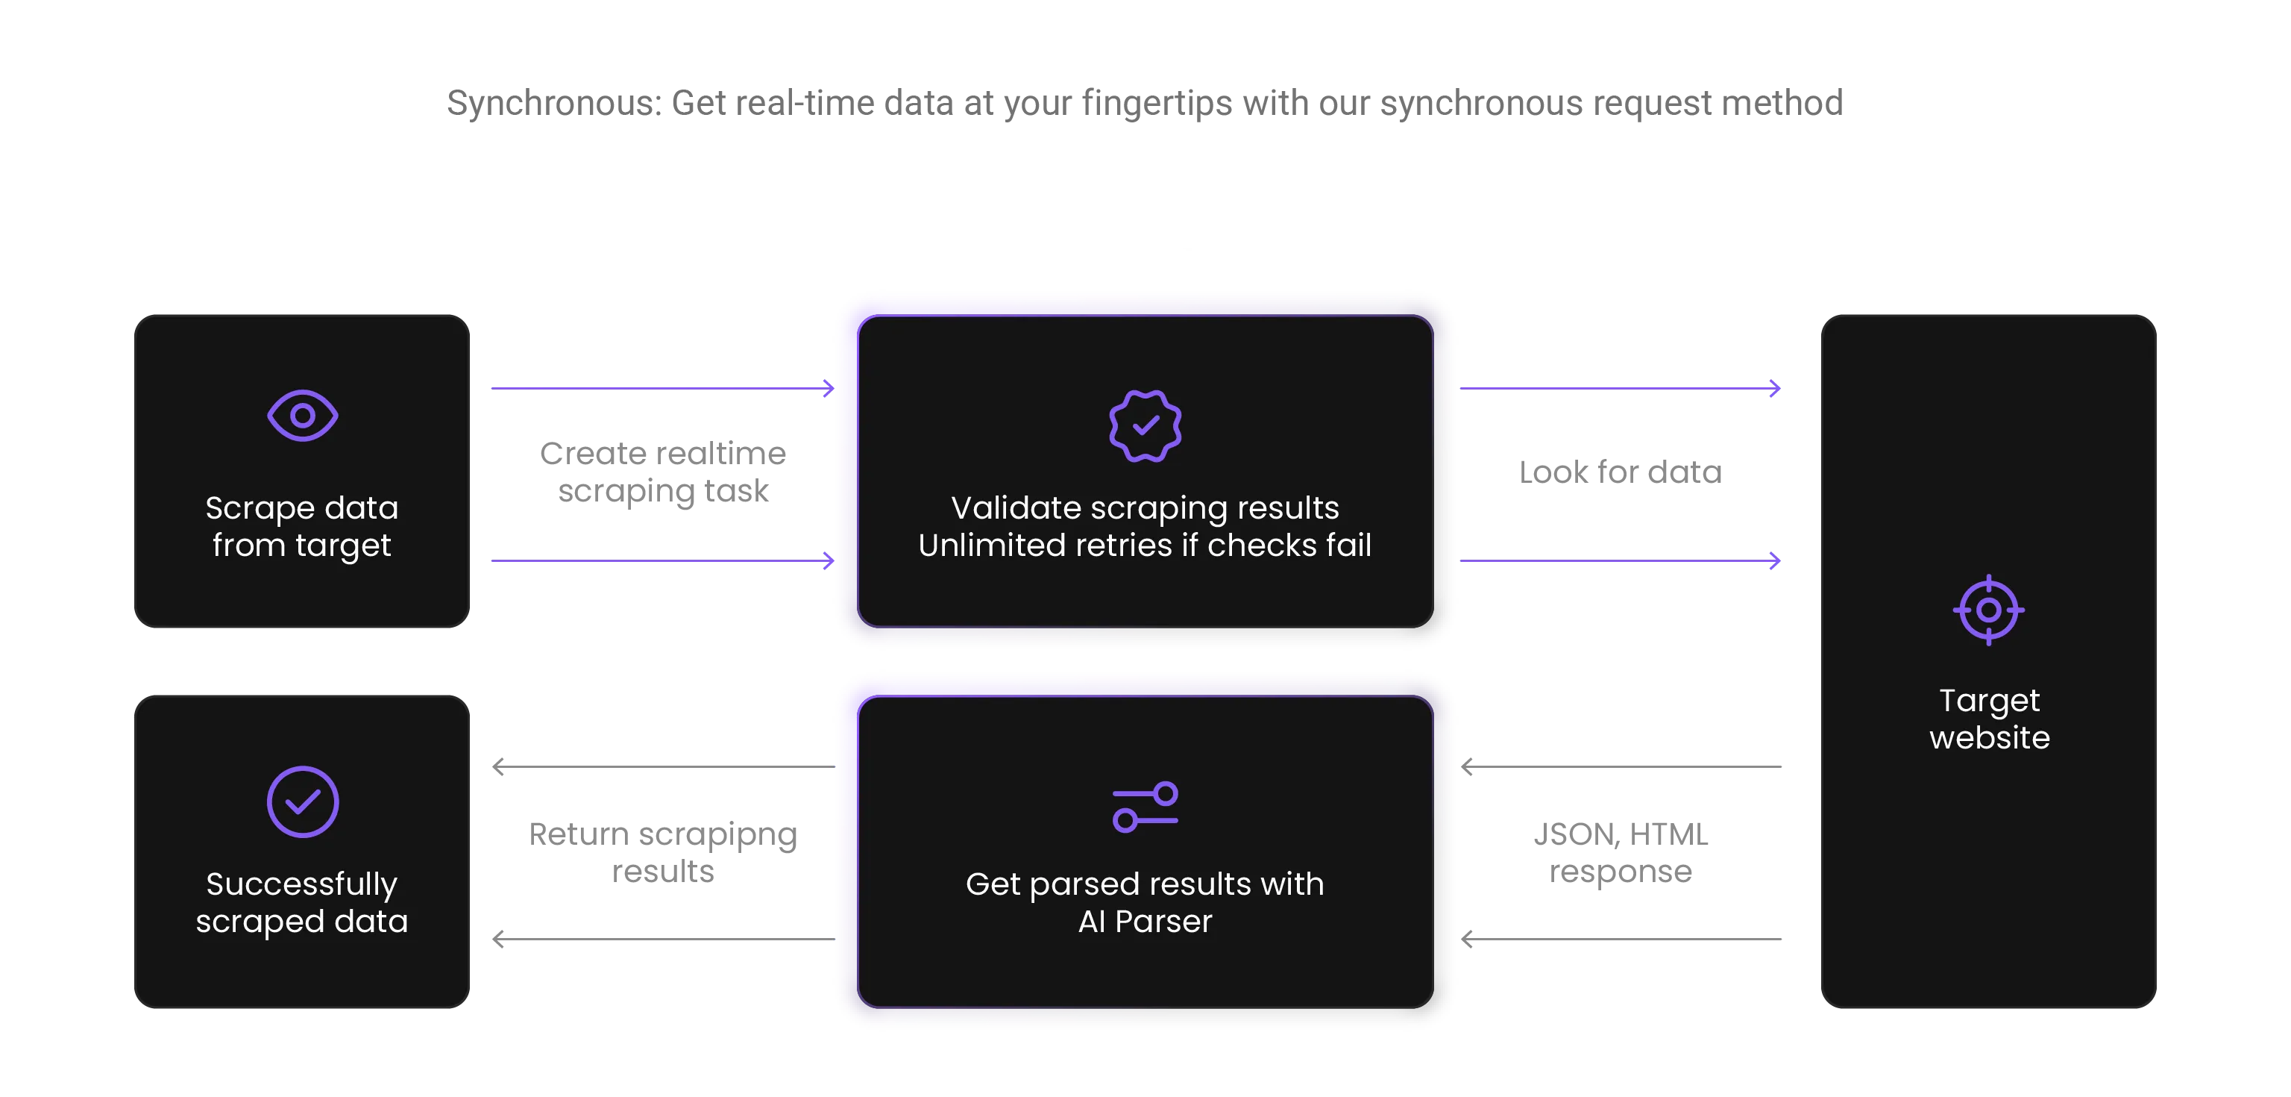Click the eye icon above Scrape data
click(302, 416)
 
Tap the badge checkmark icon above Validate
click(1145, 426)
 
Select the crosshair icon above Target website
click(1989, 610)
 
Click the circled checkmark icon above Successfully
click(302, 801)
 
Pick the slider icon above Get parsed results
click(1145, 807)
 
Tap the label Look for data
click(1621, 472)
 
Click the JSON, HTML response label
click(1621, 853)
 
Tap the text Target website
click(1990, 719)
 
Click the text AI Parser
click(1145, 922)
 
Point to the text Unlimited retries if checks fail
click(1145, 546)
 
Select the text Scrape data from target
click(302, 527)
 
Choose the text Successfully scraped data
click(302, 903)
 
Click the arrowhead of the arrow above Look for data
click(1775, 388)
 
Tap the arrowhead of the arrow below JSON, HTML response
click(1468, 939)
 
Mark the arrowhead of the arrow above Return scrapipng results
click(499, 766)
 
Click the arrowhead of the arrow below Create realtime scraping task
click(829, 560)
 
